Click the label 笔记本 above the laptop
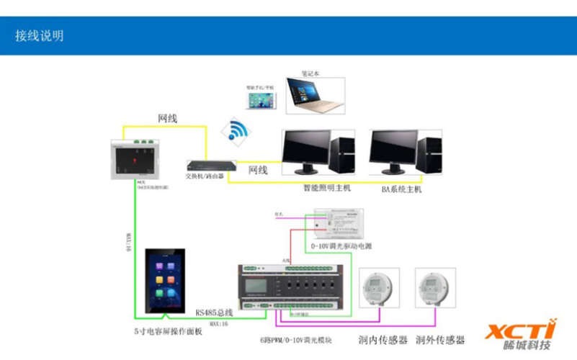310,73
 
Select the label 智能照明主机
326,189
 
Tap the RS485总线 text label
214,313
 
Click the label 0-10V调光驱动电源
341,246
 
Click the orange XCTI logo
520,330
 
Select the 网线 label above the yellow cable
167,118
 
